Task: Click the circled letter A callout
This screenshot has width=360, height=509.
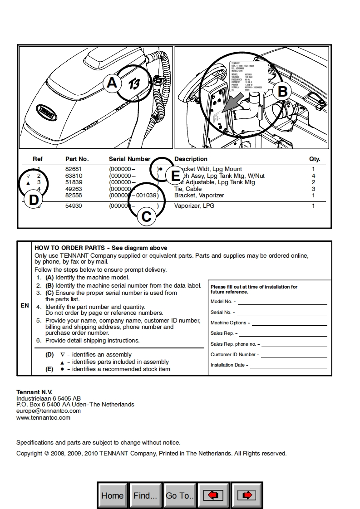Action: point(112,83)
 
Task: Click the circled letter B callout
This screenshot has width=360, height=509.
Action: point(282,92)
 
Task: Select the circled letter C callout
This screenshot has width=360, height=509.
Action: point(146,217)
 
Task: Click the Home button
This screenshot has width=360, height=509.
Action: point(113,495)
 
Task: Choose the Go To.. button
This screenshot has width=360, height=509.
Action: point(180,495)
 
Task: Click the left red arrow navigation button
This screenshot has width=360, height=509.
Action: point(213,495)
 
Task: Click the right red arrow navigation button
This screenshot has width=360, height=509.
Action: point(247,495)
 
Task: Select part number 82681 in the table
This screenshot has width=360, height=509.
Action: point(74,169)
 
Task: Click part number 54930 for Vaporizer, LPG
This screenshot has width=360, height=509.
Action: point(74,206)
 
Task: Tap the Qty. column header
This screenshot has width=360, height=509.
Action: point(315,159)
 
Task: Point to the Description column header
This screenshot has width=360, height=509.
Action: point(191,159)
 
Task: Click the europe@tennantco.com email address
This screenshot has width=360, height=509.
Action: point(49,411)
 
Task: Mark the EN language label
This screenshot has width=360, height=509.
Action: point(25,306)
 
